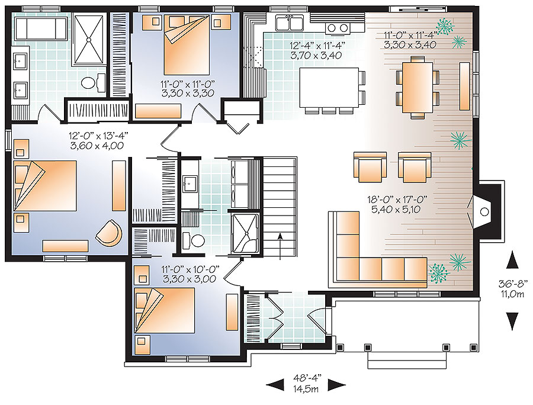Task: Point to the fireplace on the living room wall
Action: (484, 210)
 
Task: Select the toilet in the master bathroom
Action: (90, 82)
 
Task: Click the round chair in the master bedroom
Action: (110, 232)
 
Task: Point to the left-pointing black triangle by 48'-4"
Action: (274, 385)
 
